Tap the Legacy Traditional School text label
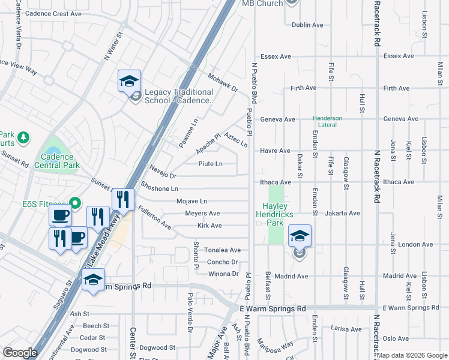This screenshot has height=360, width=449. (179, 96)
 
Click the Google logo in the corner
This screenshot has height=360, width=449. (20, 352)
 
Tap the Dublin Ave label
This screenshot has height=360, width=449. (307, 25)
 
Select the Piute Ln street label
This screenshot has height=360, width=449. (211, 164)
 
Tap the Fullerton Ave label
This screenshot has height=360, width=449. (154, 219)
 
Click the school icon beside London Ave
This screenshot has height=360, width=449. (300, 236)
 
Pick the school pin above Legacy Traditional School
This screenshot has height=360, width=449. (129, 80)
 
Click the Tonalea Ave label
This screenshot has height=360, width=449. (223, 250)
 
